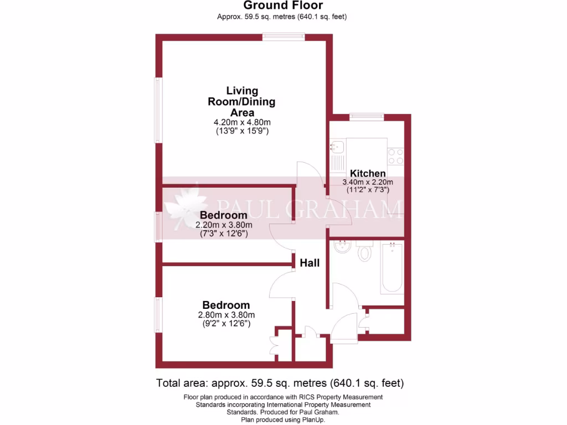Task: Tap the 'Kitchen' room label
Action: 364,173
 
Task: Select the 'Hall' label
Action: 310,263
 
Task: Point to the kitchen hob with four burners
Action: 395,156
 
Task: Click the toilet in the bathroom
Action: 365,252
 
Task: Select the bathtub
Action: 392,268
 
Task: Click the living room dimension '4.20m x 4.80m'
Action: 241,122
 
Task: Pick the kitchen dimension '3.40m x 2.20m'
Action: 367,182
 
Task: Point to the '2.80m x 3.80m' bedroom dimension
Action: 226,315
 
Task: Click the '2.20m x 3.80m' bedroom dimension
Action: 224,225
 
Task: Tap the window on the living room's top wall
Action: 283,37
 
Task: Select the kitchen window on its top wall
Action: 367,117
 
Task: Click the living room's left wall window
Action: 158,111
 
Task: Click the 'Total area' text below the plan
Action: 280,383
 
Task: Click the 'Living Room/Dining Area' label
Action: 241,101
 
